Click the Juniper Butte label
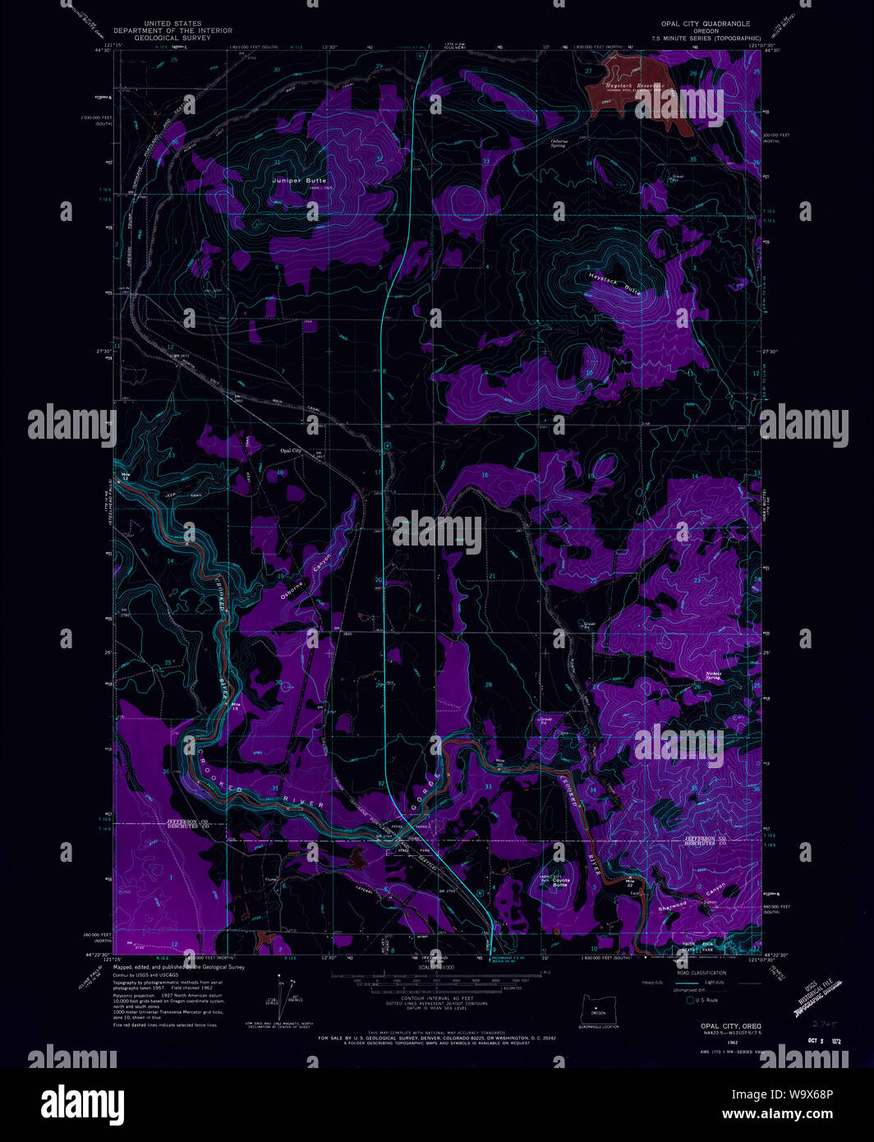[300, 181]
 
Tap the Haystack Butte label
[614, 284]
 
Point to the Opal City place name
[291, 451]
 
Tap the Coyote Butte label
[559, 882]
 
